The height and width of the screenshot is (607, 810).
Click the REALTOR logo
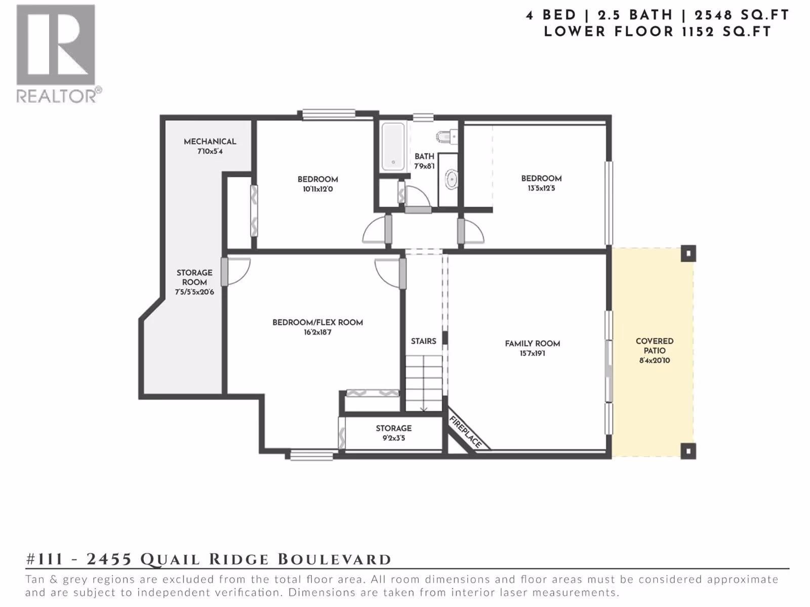tap(58, 54)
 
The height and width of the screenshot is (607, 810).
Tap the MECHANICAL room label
tap(210, 142)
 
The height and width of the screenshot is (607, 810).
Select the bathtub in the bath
tap(393, 146)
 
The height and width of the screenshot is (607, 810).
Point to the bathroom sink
tap(451, 180)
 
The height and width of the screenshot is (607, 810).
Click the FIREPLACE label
tap(466, 431)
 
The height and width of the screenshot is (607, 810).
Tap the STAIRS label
tap(424, 341)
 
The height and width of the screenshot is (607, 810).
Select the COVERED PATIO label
tap(655, 346)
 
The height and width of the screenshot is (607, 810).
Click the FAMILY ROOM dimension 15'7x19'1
tap(533, 354)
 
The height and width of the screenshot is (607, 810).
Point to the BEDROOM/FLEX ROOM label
tap(318, 323)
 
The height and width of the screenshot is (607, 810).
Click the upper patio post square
tap(688, 253)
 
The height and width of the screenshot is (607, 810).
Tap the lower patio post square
tap(688, 451)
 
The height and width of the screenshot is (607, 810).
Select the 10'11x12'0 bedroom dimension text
tap(318, 189)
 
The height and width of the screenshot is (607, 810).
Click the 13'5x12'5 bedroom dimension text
tap(541, 188)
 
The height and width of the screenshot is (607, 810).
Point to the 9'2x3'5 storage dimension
tap(394, 438)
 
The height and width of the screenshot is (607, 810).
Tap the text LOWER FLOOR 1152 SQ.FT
tap(657, 32)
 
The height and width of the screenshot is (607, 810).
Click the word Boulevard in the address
tap(334, 559)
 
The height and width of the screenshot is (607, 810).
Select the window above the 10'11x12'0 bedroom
tap(329, 114)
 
